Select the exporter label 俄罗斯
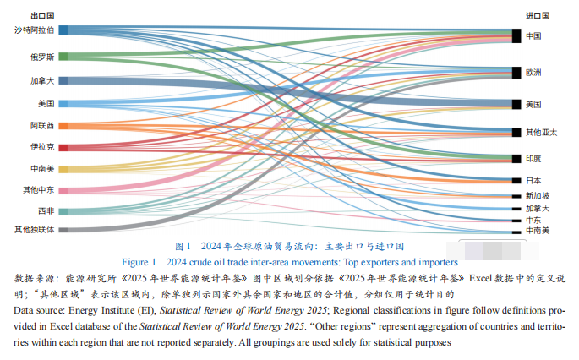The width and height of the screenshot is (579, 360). coord(41,57)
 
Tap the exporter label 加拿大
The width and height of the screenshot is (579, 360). coord(41,81)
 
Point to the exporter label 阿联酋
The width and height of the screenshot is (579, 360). coord(41,125)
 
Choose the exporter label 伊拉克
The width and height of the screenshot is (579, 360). coord(41,147)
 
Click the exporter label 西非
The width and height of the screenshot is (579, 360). coord(46,210)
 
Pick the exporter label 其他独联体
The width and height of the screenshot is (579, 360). coord(35,229)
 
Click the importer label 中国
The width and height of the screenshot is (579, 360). coord(533,36)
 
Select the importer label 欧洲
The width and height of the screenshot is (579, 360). coord(533,73)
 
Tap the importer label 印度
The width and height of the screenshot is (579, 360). coord(533,158)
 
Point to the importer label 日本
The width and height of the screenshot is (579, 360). coord(533,180)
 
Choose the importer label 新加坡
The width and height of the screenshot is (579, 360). coord(536,195)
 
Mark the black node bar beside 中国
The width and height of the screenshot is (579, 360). coord(515,35)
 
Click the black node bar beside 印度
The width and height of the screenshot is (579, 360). coord(515,158)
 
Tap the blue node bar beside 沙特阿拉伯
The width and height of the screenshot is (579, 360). coord(63,30)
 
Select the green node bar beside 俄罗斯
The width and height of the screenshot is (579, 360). coord(63,57)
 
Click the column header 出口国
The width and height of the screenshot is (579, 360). coord(41,15)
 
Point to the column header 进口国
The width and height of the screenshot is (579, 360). coord(538,15)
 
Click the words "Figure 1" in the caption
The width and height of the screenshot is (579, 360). coord(139,261)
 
